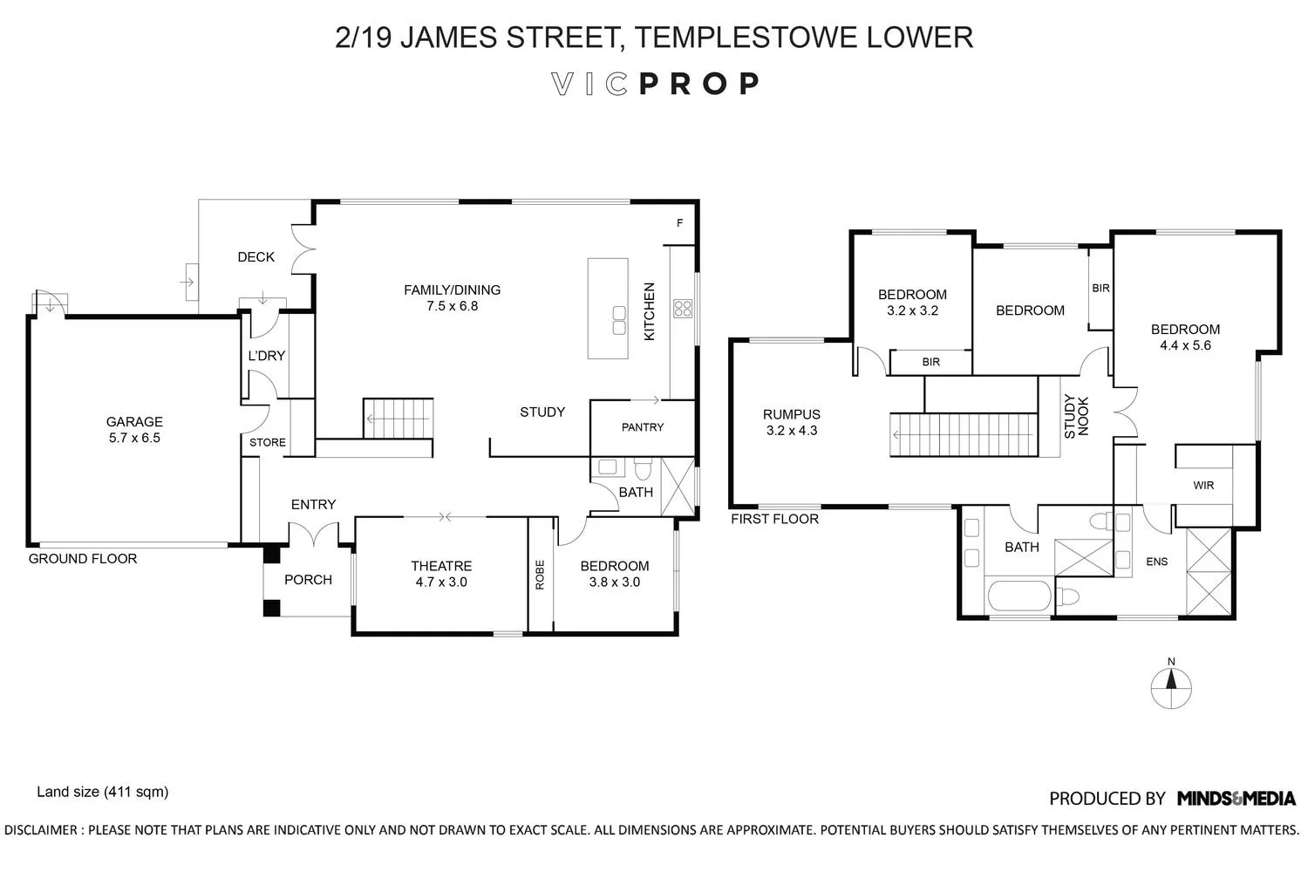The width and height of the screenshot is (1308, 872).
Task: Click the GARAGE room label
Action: [x=134, y=422]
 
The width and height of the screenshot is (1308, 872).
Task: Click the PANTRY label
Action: [x=643, y=427]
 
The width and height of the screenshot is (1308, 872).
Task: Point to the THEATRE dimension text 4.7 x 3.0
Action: [x=441, y=582]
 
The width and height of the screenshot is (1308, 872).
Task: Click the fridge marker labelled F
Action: [x=680, y=223]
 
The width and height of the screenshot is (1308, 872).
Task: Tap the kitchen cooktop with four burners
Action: [x=682, y=308]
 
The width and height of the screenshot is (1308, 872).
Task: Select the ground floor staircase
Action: [x=398, y=419]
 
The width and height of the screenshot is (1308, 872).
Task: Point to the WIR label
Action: [x=1203, y=486]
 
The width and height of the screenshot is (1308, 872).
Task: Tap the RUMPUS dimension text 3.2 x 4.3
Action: [x=791, y=431]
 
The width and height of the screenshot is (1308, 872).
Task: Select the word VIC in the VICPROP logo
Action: [x=589, y=84]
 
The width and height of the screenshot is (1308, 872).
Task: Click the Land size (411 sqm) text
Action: [x=102, y=793]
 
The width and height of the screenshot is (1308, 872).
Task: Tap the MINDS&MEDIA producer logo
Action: [x=1236, y=798]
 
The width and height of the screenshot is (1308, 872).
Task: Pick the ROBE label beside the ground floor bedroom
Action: [x=540, y=574]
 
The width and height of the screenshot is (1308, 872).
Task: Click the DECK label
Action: [x=256, y=257]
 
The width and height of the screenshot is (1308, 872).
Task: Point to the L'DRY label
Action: [x=267, y=356]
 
